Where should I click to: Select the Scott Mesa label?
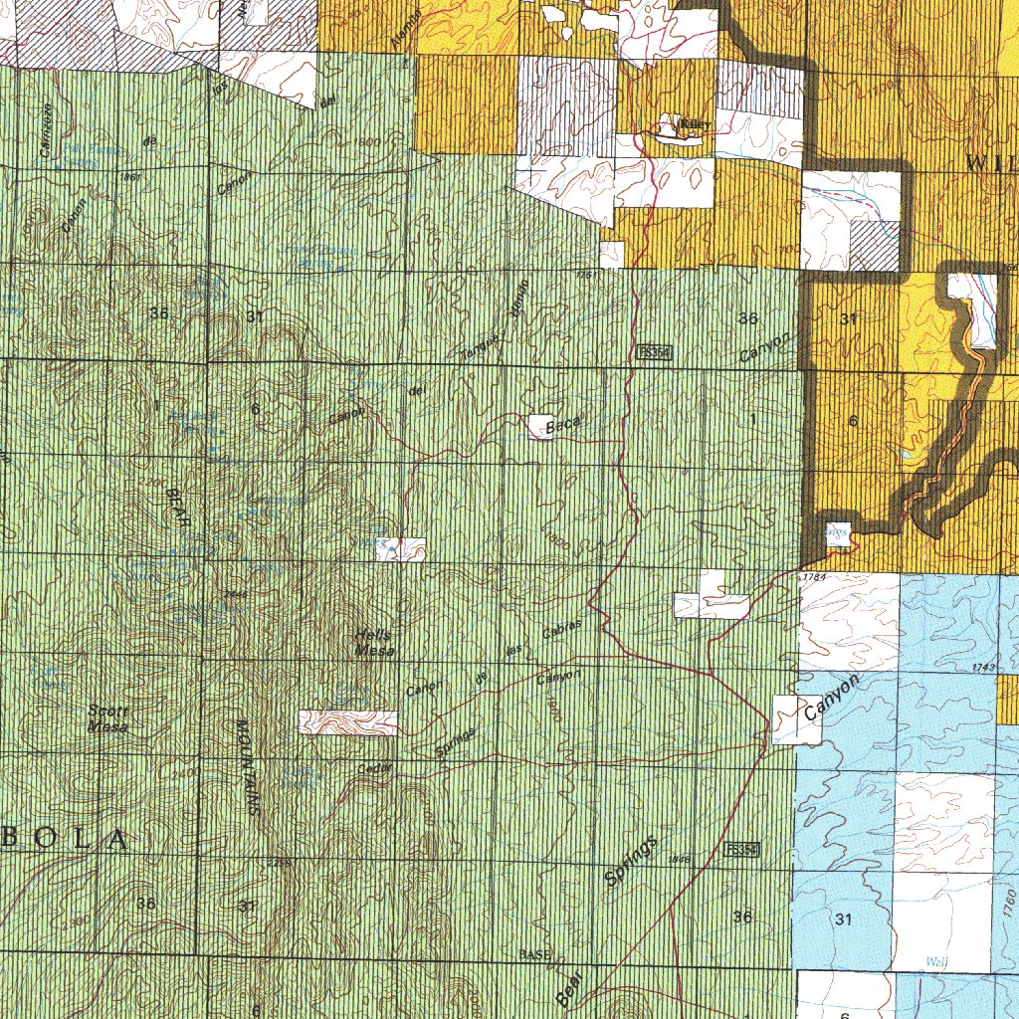coord(109,717)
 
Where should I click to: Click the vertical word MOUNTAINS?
coord(248,767)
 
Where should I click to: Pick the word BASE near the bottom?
coord(533,955)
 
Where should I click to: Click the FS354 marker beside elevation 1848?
coord(743,850)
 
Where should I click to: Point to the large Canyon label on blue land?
coord(831,699)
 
